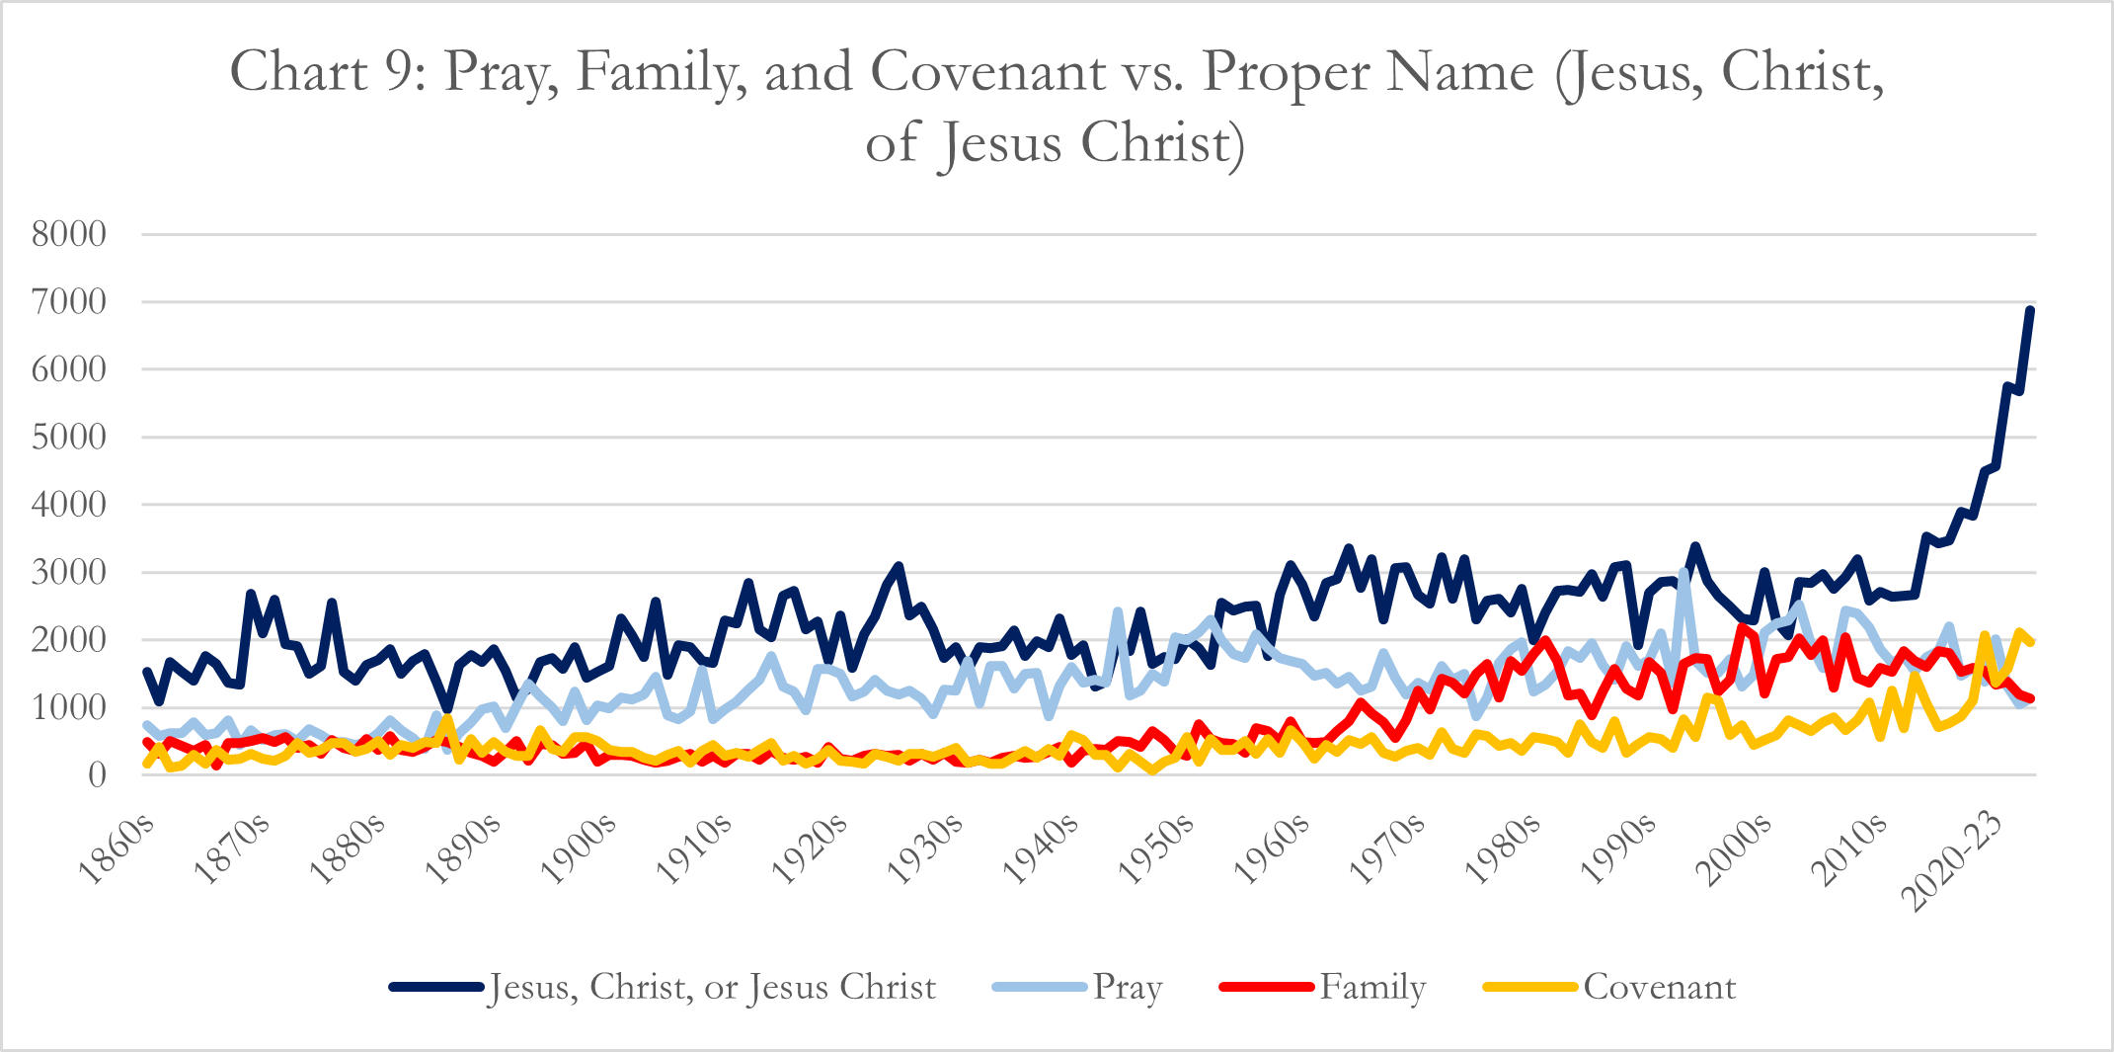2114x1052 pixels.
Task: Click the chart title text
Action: tap(1057, 107)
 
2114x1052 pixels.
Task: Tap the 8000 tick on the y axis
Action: tap(69, 235)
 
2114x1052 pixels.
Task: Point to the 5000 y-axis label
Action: tap(69, 438)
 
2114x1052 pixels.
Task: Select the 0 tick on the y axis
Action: tap(96, 775)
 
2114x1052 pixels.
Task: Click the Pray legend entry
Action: tap(1127, 987)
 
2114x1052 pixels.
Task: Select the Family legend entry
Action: tap(1372, 987)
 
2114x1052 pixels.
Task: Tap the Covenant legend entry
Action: tap(1659, 987)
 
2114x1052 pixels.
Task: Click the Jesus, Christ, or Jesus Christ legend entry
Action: tap(711, 987)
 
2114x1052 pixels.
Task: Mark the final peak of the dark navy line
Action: tap(2030, 310)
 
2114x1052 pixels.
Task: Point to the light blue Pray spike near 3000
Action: tap(1683, 574)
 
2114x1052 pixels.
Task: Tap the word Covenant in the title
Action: tap(987, 71)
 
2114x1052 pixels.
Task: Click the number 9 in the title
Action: tap(398, 71)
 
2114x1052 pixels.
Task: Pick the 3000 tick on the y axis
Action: tap(69, 573)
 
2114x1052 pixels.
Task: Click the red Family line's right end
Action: tap(2030, 698)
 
